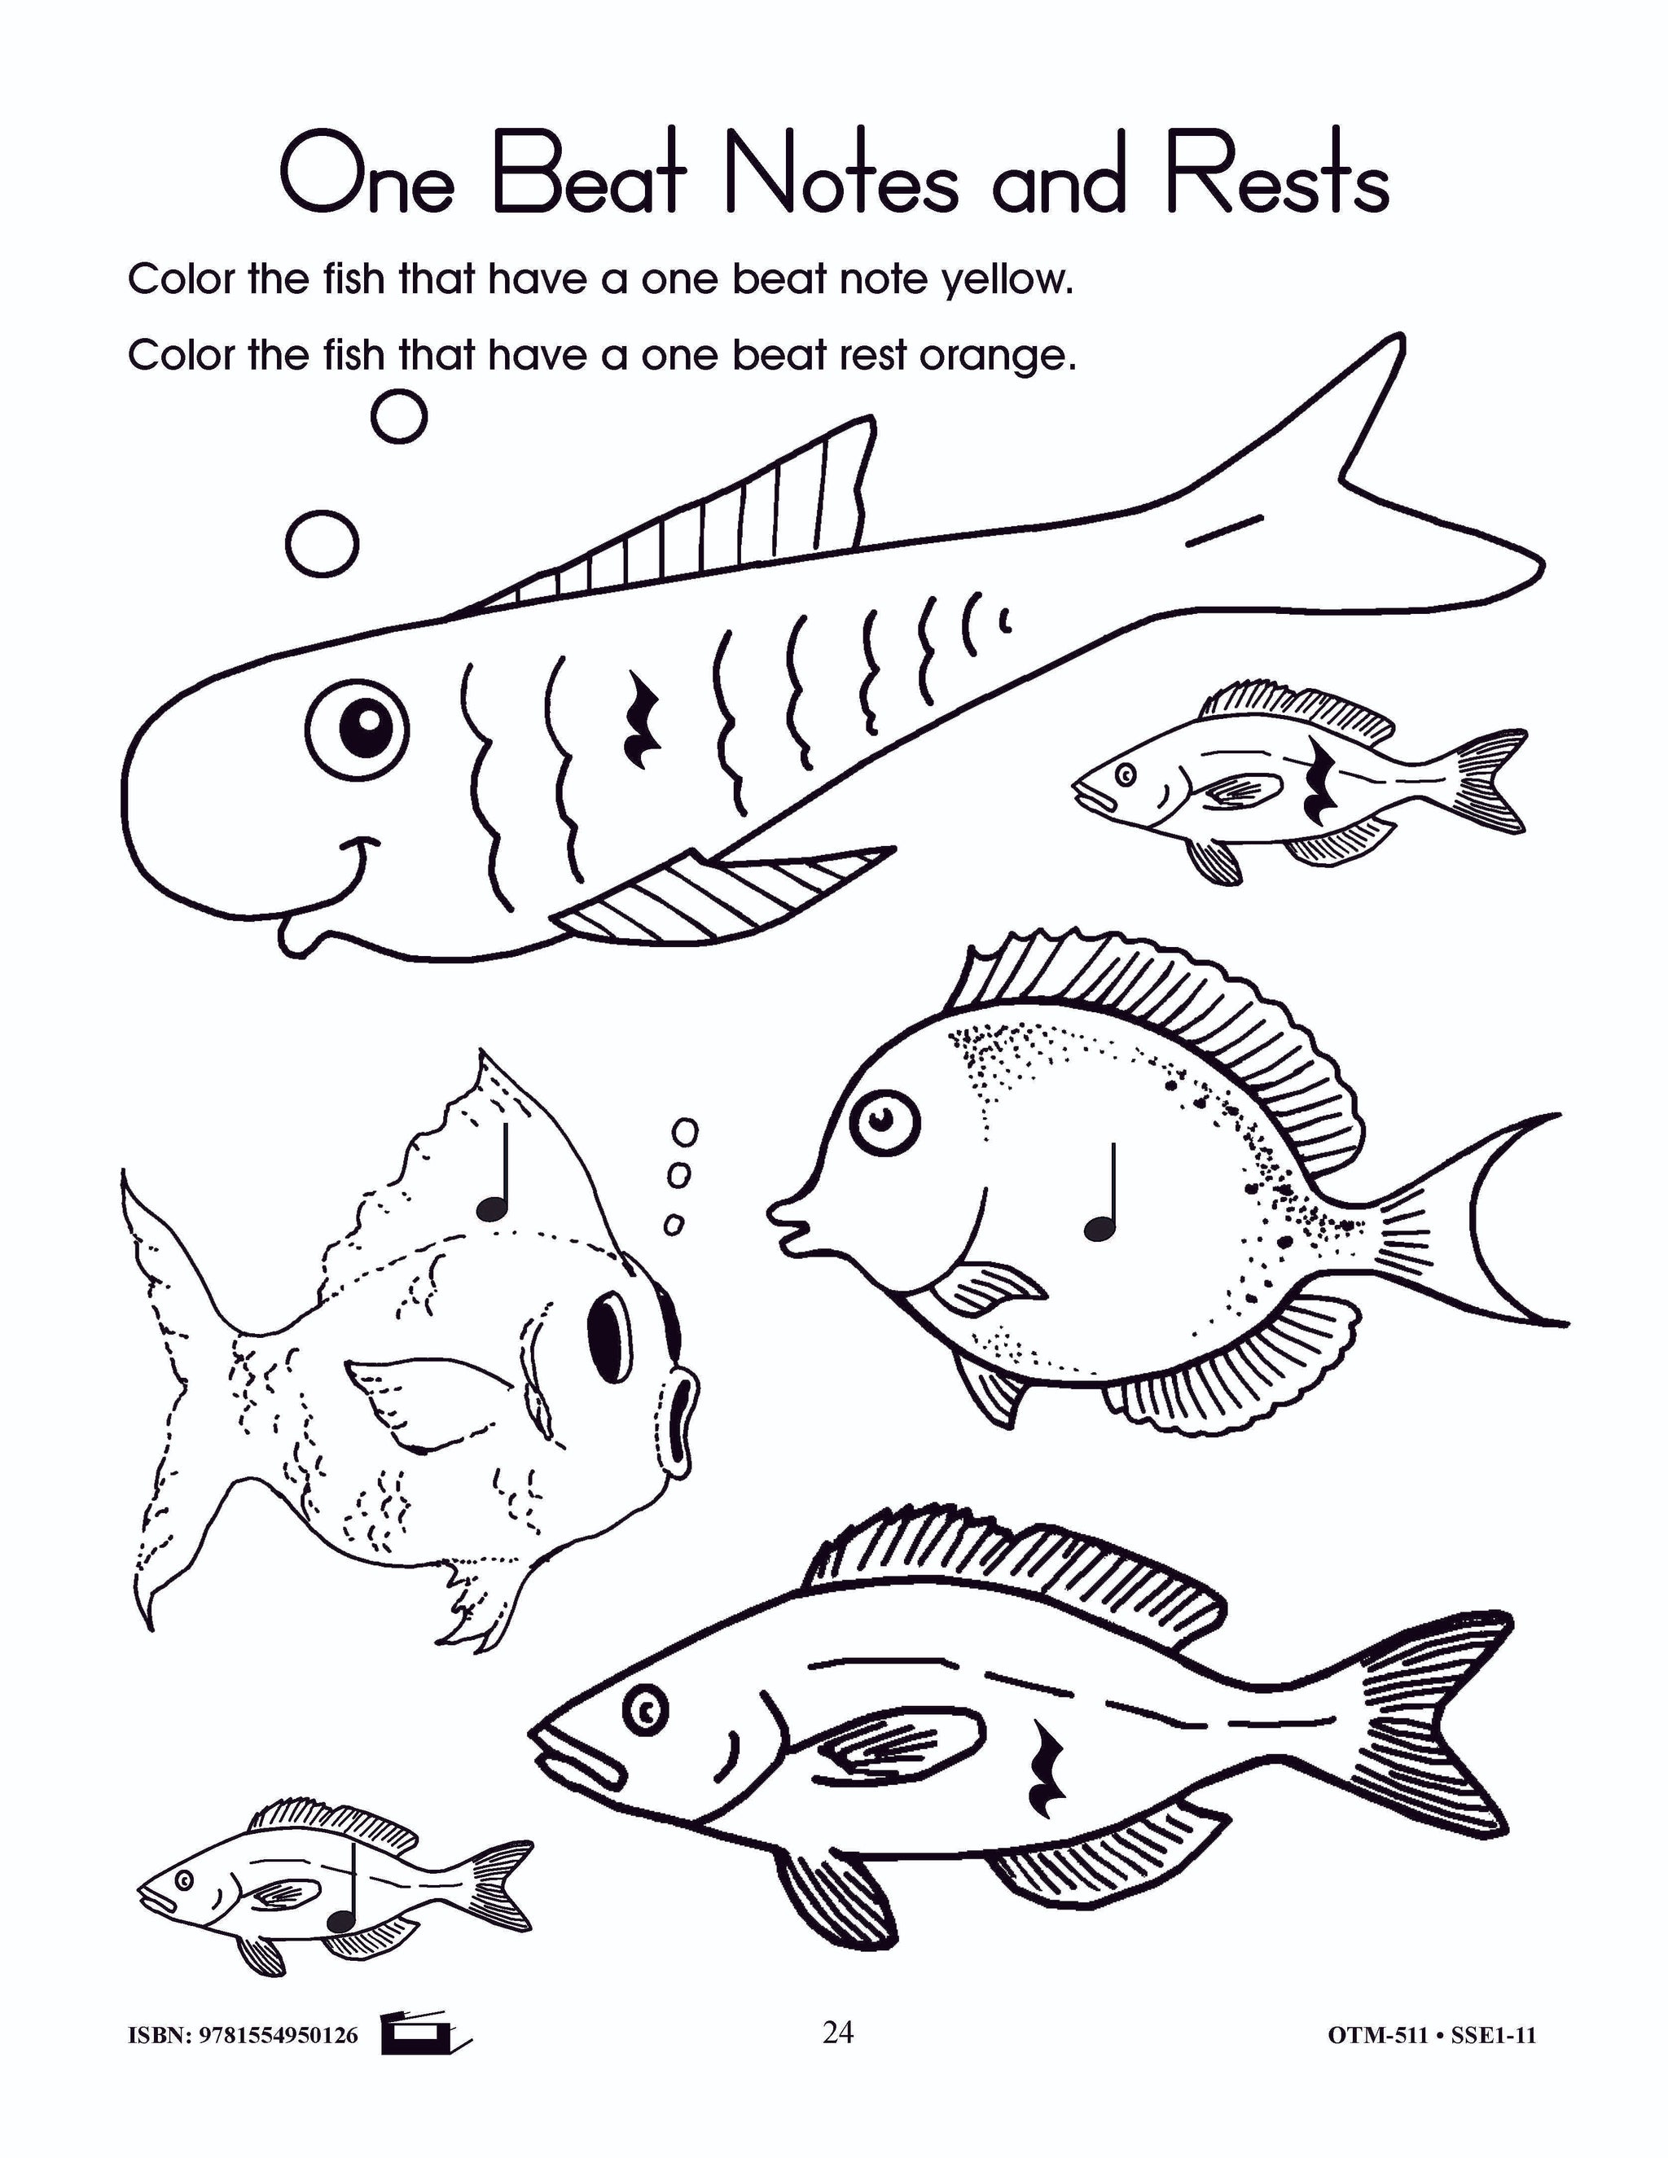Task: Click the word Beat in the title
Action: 589,178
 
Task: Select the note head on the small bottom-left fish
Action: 341,1922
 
